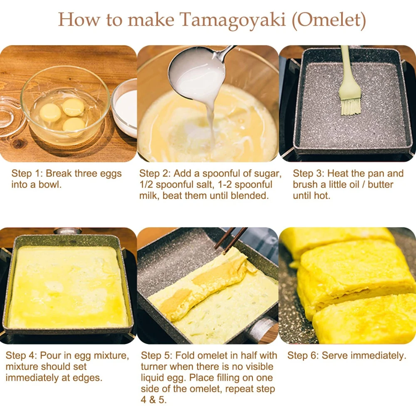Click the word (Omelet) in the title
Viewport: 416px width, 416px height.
point(329,20)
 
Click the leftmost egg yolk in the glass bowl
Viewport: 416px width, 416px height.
point(50,111)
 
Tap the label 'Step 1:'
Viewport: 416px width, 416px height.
point(27,173)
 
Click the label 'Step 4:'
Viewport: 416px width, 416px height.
point(21,356)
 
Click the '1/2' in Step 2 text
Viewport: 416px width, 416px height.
point(147,184)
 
